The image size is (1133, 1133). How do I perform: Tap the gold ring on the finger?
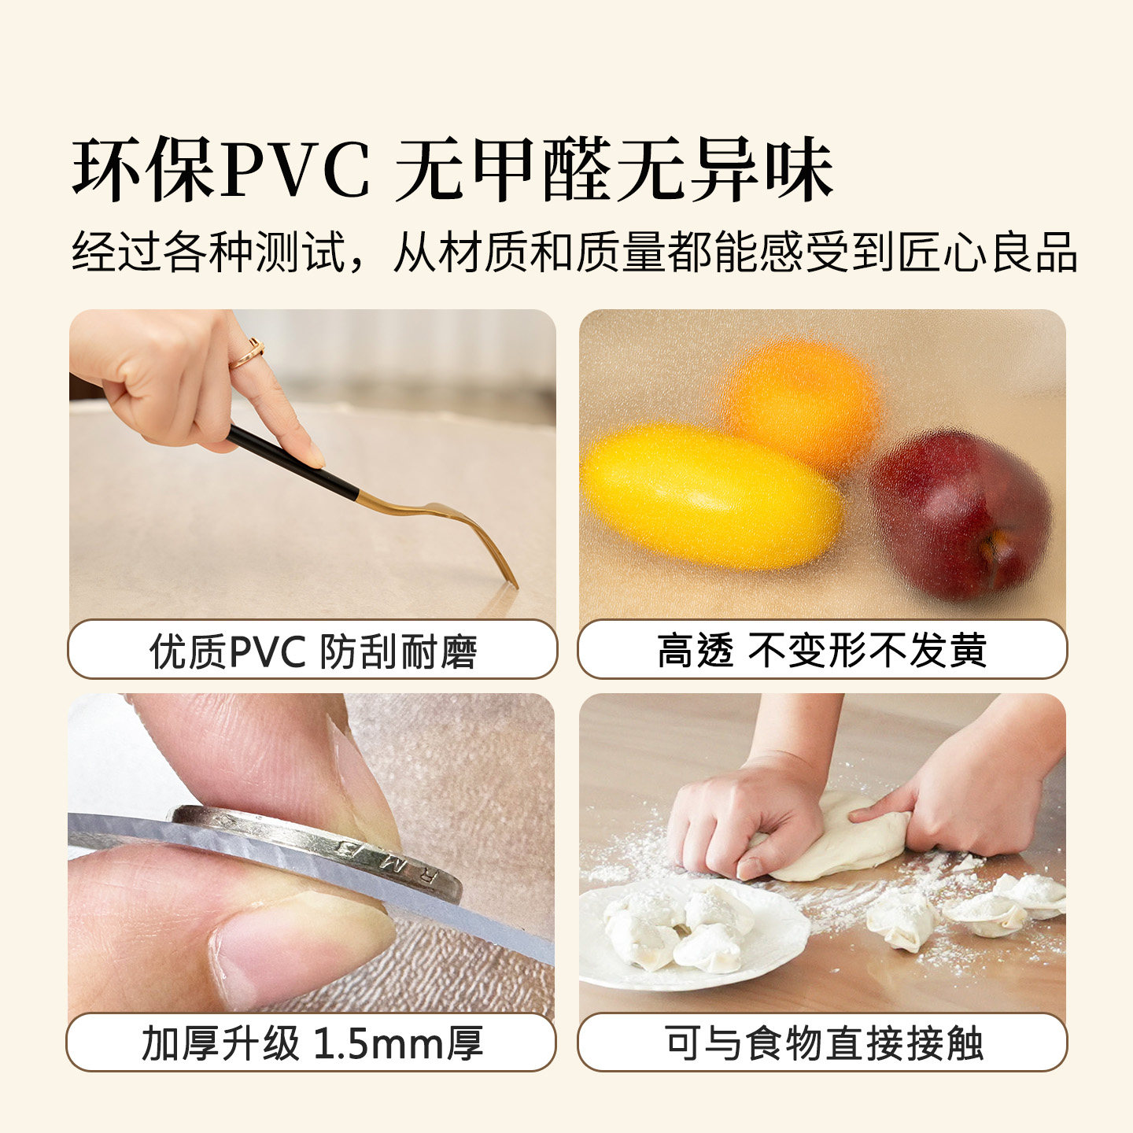coord(247,354)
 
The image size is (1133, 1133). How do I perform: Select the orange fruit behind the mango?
coord(803,401)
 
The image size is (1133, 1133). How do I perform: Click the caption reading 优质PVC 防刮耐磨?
coord(312,651)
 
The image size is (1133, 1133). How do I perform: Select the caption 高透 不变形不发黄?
coord(822,651)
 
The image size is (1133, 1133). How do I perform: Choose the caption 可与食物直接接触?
coord(823,1043)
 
